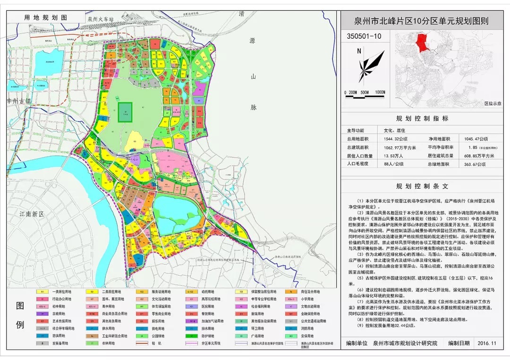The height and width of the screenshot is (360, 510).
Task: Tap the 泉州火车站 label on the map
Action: (101, 19)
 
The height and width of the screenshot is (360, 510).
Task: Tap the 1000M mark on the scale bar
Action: (380, 92)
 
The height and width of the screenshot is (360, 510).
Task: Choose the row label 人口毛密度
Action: (360, 163)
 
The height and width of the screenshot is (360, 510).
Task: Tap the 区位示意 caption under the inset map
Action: (492, 103)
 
